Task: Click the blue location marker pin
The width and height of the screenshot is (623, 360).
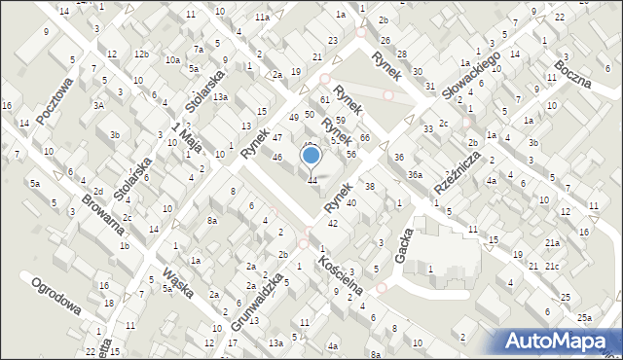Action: (311, 156)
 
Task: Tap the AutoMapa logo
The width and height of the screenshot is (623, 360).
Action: (559, 340)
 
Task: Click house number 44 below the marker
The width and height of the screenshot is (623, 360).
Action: (311, 180)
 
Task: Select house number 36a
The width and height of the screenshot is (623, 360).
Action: (415, 174)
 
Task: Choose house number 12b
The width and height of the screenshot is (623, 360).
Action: (142, 54)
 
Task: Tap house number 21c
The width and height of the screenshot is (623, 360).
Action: (552, 266)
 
